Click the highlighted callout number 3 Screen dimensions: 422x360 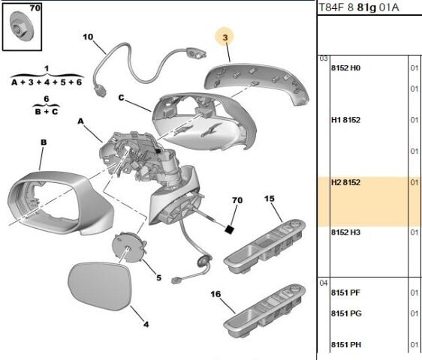(225, 37)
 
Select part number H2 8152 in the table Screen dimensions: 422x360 (345, 182)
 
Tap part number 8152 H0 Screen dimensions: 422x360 (345, 67)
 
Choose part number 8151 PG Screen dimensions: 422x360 (346, 313)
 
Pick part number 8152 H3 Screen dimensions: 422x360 (345, 232)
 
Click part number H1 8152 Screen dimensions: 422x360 (345, 120)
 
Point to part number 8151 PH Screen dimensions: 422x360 (346, 344)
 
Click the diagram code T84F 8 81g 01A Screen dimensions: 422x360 (358, 7)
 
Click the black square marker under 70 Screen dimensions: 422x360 (229, 229)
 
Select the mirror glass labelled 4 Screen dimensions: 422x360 (100, 286)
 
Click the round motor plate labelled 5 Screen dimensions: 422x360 (128, 247)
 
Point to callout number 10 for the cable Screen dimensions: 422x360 (88, 37)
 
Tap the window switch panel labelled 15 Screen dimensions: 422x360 (265, 246)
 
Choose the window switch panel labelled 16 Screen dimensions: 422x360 (265, 310)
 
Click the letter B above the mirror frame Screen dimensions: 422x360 (44, 142)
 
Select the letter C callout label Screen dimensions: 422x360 (122, 97)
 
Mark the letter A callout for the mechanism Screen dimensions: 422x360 (80, 121)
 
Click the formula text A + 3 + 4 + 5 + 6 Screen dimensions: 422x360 (47, 82)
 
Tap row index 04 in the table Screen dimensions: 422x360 (324, 283)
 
